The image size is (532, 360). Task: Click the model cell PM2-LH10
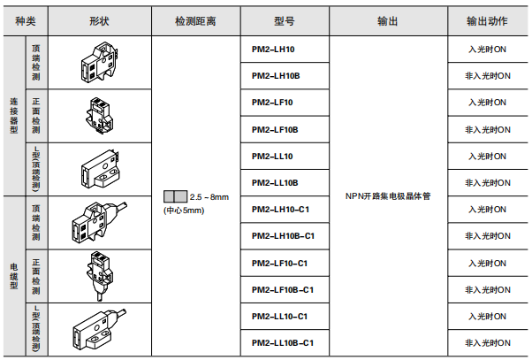pyautogui.click(x=274, y=50)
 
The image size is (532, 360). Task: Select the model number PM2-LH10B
pyautogui.click(x=276, y=76)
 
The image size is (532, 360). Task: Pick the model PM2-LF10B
pyautogui.click(x=275, y=129)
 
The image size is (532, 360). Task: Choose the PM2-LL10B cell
pyautogui.click(x=275, y=182)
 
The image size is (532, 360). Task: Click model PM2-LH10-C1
pyautogui.click(x=281, y=210)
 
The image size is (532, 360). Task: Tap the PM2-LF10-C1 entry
pyautogui.click(x=280, y=263)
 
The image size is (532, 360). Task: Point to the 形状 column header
pyautogui.click(x=97, y=20)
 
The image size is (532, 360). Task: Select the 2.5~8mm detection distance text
pyautogui.click(x=209, y=195)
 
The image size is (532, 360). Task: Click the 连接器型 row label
pyautogui.click(x=13, y=116)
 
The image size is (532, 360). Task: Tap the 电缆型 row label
pyautogui.click(x=13, y=276)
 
